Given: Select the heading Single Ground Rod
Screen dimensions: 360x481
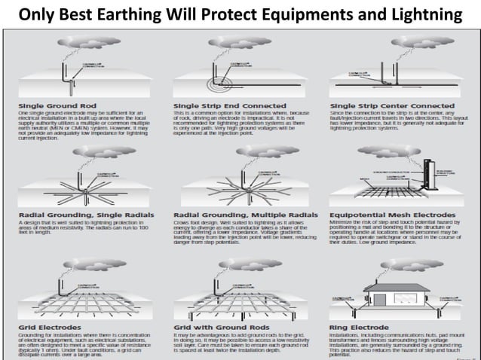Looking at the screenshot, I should pos(54,104).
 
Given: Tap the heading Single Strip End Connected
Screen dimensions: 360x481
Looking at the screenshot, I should pos(219,104).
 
